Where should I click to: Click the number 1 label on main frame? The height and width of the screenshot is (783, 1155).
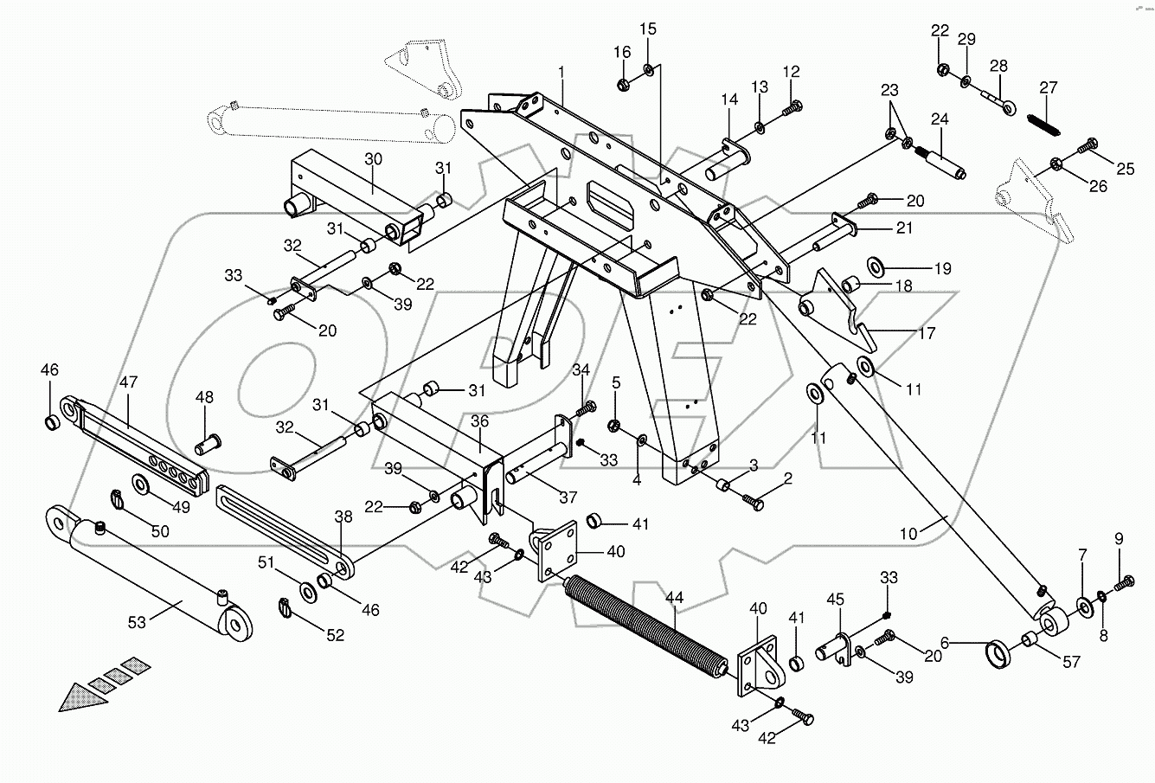click(561, 70)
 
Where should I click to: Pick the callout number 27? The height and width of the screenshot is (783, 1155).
click(1049, 87)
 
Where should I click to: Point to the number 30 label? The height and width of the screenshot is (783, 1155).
click(373, 159)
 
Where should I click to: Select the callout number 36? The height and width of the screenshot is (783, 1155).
click(480, 421)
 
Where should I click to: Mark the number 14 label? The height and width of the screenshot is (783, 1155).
click(729, 100)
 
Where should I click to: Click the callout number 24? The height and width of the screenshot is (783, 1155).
click(940, 120)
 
